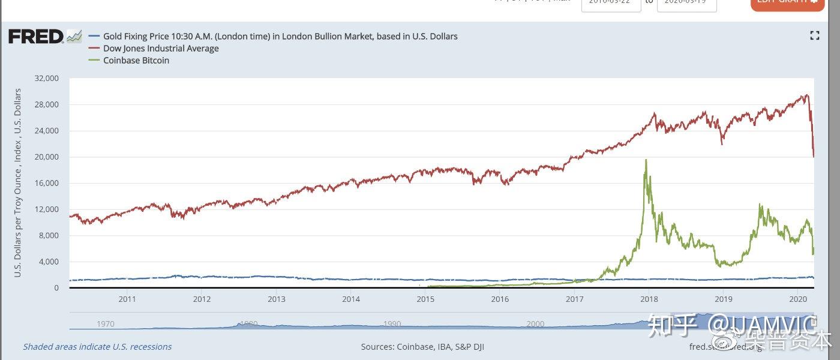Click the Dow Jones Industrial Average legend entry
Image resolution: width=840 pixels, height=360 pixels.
coord(161,49)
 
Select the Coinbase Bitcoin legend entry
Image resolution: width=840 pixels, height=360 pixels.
coord(136,61)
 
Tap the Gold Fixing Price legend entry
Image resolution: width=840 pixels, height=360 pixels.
coord(280,37)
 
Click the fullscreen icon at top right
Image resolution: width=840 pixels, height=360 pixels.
coord(814,35)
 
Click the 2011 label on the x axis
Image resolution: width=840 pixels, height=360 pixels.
coord(127,298)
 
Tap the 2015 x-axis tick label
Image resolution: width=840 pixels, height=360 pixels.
coord(425,298)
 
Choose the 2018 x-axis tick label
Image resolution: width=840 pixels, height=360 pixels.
coord(649,298)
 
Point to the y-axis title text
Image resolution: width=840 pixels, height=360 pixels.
coord(18,183)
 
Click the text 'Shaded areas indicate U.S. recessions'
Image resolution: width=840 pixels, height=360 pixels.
coord(97,347)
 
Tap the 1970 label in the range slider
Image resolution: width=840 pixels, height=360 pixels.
coord(106,324)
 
